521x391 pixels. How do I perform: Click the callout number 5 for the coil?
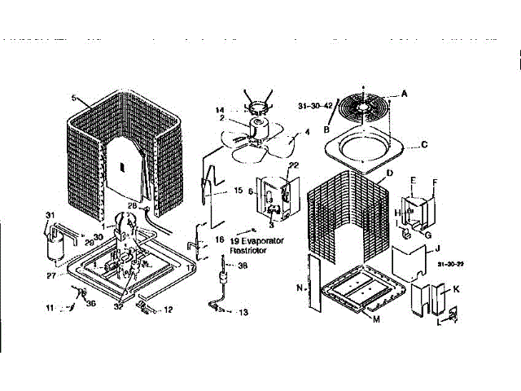pyautogui.click(x=73, y=99)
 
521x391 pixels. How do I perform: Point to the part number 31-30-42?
pyautogui.click(x=316, y=105)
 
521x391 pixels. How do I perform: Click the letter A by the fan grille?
pyautogui.click(x=405, y=94)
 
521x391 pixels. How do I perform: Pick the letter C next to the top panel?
pyautogui.click(x=424, y=145)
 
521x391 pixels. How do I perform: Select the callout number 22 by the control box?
pyautogui.click(x=294, y=165)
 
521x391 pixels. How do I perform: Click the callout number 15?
pyautogui.click(x=239, y=191)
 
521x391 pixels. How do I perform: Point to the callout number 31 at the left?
pyautogui.click(x=50, y=215)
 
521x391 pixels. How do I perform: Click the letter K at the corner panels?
pyautogui.click(x=456, y=289)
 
